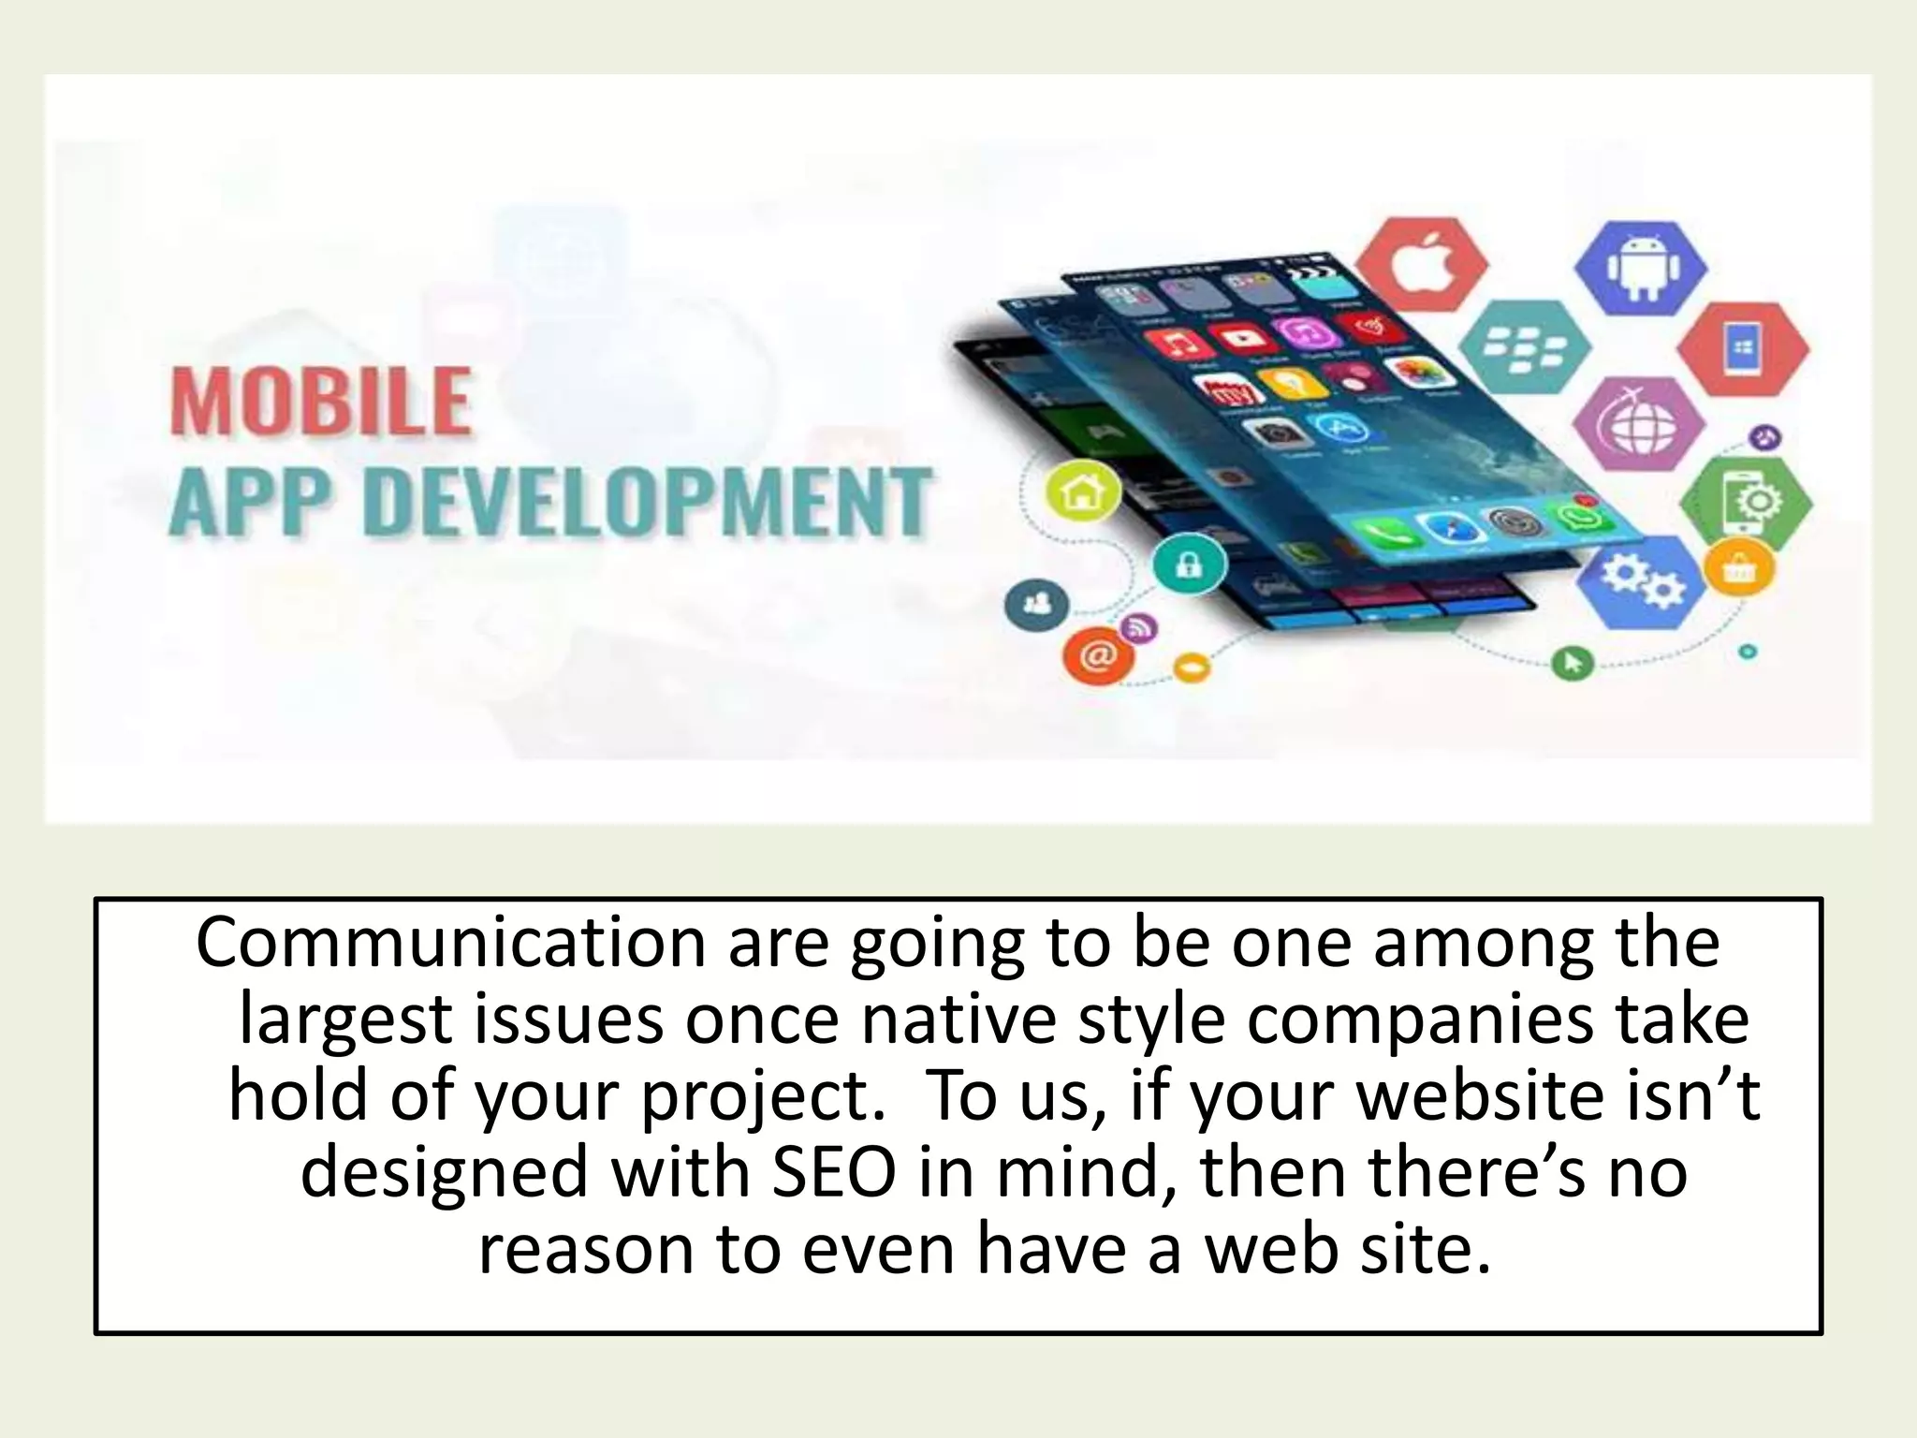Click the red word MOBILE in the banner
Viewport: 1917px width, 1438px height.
(320, 403)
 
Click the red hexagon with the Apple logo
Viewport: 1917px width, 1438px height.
(1423, 267)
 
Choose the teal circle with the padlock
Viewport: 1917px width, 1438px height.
(1189, 565)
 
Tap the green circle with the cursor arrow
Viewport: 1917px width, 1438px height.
(1573, 663)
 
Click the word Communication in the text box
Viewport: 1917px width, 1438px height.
(450, 944)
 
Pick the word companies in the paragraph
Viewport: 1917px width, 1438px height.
(1421, 1020)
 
